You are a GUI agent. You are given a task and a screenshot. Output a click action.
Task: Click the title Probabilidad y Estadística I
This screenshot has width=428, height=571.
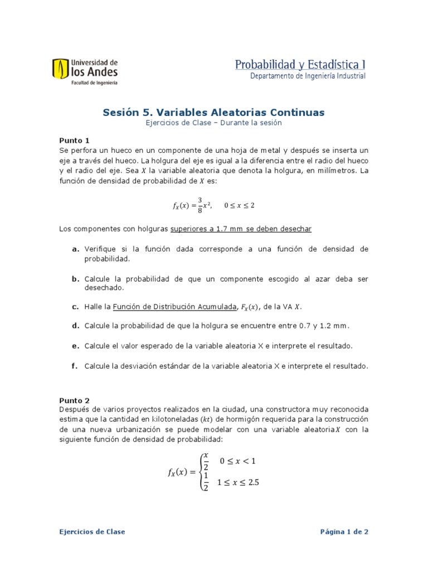300,65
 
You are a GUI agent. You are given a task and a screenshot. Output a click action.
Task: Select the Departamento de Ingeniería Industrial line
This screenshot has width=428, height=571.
308,76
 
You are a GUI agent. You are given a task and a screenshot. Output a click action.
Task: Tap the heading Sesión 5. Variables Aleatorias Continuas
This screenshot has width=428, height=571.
213,112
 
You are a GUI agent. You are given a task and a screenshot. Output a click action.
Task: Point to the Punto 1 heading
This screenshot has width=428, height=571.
74,141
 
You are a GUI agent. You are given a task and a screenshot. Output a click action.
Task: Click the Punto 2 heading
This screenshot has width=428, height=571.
74,400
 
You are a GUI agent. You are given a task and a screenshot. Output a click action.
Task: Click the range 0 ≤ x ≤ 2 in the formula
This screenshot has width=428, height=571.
239,205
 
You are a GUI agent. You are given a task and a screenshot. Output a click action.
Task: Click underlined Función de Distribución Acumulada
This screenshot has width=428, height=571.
174,307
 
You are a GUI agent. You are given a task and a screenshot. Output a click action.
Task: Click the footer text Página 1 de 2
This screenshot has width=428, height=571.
344,531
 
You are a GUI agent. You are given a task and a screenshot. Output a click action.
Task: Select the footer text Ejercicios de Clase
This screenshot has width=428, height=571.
92,531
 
